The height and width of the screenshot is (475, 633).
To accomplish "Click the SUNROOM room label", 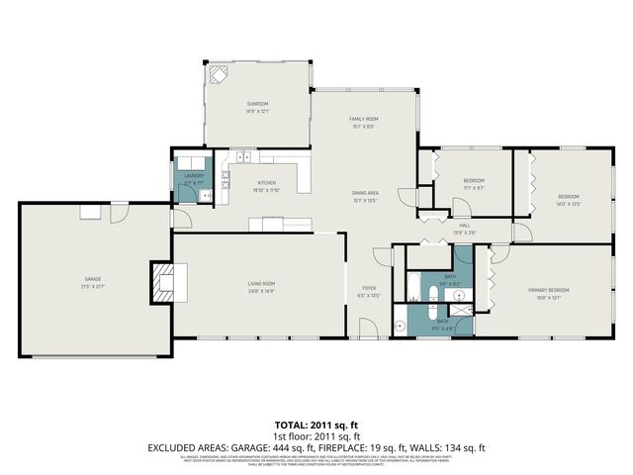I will [257, 104].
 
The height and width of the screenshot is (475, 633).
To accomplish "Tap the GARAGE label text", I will [92, 279].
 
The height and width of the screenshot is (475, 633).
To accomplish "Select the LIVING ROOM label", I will [261, 284].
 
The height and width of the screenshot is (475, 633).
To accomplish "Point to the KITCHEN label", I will [267, 183].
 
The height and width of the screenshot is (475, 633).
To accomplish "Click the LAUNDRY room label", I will [194, 176].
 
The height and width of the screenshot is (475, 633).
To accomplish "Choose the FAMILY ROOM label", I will [364, 119].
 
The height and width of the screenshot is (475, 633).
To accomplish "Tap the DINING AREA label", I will [366, 192].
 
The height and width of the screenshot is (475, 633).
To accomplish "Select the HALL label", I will [464, 226].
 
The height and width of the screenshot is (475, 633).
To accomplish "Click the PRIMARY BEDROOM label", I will [553, 289].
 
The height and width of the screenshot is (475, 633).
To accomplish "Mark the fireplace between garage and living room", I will [164, 281].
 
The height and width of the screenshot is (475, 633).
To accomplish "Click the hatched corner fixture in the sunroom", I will [218, 76].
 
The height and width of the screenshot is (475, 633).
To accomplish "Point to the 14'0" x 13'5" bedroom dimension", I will [568, 203].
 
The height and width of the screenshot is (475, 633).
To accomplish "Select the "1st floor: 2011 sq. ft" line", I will [316, 436].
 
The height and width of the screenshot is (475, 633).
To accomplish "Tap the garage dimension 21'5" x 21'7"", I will [92, 286].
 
